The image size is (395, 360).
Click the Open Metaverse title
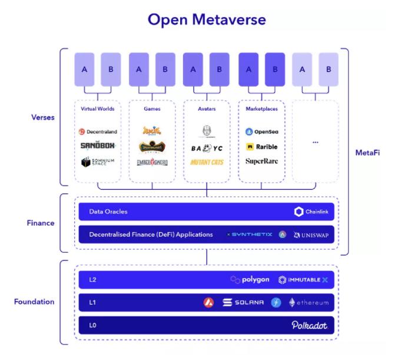207,19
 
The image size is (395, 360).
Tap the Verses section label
42,117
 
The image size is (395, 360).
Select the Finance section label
41,223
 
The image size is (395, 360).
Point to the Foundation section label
34,302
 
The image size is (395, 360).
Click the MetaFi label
367,153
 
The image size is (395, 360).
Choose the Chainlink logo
311,212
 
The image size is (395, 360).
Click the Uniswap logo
310,235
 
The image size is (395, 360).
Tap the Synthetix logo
249,235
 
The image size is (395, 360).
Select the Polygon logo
250,280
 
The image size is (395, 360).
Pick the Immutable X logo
303,280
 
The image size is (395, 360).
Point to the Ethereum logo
308,302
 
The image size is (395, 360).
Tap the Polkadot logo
309,325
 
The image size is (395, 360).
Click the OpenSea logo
261,132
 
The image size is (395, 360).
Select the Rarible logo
261,147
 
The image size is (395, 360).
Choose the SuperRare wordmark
261,161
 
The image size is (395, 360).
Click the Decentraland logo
98,132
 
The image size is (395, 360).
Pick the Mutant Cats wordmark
207,162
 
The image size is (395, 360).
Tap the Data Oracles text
108,212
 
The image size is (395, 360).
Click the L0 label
93,325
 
